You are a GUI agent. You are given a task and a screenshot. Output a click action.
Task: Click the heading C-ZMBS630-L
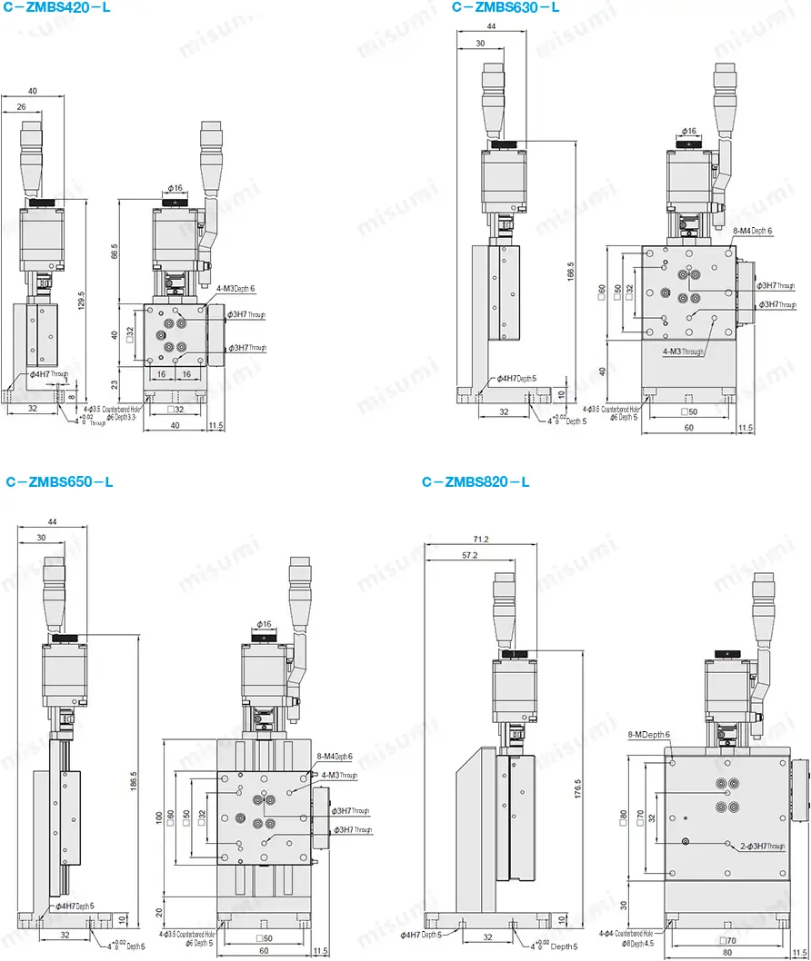(x=506, y=7)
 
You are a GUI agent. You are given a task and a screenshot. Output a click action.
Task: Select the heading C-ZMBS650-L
(x=59, y=481)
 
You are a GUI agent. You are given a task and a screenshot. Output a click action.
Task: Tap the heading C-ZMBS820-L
(x=476, y=481)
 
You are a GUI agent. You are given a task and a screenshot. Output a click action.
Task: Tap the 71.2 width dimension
(x=481, y=540)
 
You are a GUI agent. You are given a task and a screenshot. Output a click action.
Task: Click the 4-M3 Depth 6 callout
(x=235, y=289)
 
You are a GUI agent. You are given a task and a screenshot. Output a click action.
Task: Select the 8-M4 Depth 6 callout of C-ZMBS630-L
(x=752, y=232)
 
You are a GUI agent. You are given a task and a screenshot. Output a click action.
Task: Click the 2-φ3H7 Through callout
(x=762, y=846)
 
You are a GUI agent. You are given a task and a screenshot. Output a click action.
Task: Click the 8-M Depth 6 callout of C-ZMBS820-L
(x=648, y=734)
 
